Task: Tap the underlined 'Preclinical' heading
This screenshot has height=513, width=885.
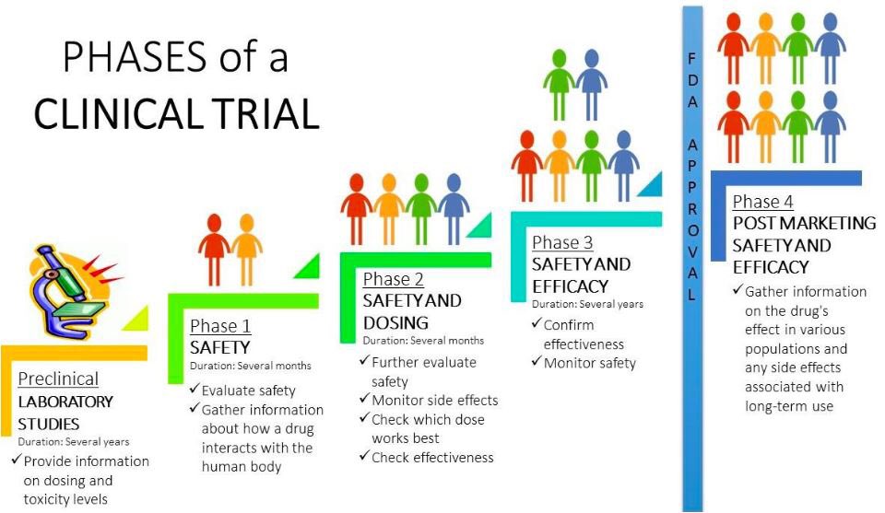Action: coord(58,379)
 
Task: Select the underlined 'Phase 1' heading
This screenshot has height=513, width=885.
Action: coord(220,326)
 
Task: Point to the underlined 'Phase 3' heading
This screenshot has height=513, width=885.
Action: coord(562,242)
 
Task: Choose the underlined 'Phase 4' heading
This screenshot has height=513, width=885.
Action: coord(762,202)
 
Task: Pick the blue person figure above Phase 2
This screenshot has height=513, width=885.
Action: coord(453,206)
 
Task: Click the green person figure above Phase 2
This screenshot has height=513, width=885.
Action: coord(421,206)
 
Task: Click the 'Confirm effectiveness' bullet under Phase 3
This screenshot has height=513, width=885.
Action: coord(582,334)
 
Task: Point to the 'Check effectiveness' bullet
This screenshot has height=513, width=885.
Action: coord(432,457)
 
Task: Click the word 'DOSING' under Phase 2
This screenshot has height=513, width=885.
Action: coord(395,322)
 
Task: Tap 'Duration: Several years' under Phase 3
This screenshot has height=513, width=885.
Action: coord(587,304)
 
